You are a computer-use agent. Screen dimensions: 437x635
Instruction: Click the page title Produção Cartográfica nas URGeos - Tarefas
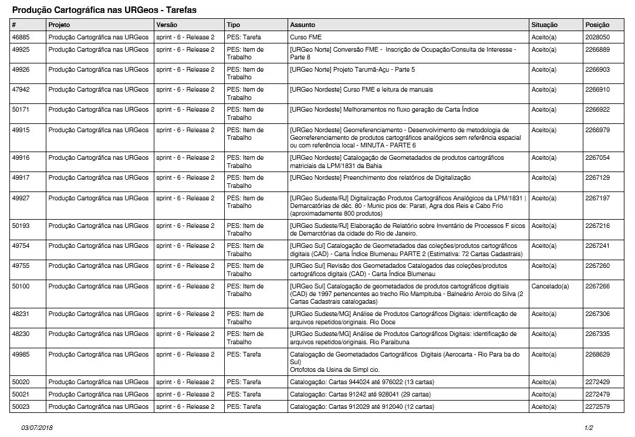pos(104,11)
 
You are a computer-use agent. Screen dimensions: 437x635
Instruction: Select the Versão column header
pos(167,25)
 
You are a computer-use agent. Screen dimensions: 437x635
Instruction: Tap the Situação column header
pos(544,25)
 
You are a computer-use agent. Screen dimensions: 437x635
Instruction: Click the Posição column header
pos(597,25)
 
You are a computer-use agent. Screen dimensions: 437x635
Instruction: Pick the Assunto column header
pos(302,25)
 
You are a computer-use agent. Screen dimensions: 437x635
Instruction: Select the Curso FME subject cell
pos(306,37)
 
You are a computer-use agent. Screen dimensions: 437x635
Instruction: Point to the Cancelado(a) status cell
pos(550,286)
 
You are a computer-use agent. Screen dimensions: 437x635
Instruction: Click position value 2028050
pos(597,37)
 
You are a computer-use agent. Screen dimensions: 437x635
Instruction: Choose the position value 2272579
pos(597,406)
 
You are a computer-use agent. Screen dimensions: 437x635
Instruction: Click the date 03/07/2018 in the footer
pos(38,428)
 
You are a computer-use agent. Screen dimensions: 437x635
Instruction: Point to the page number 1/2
pos(589,428)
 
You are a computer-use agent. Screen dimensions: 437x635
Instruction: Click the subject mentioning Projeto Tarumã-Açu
pos(352,70)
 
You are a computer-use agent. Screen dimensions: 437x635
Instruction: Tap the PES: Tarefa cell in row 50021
pos(244,394)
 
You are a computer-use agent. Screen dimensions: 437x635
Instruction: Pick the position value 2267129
pos(597,177)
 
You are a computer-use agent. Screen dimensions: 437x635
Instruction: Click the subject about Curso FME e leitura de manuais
pos(362,90)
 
